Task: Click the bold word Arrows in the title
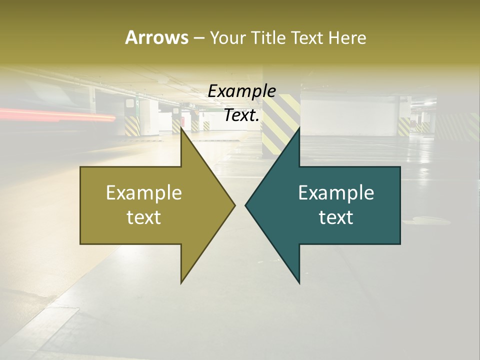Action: tap(156, 37)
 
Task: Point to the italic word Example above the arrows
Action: tap(241, 91)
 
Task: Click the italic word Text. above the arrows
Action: tap(241, 115)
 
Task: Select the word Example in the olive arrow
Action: tap(144, 192)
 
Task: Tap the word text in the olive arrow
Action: tap(144, 217)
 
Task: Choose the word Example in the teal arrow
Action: tap(336, 192)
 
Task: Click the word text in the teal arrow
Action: tap(336, 217)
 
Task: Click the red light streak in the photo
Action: tap(60, 115)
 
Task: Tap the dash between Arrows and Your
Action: tap(198, 38)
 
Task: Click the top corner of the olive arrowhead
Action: tap(181, 129)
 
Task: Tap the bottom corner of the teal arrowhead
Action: tap(299, 282)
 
